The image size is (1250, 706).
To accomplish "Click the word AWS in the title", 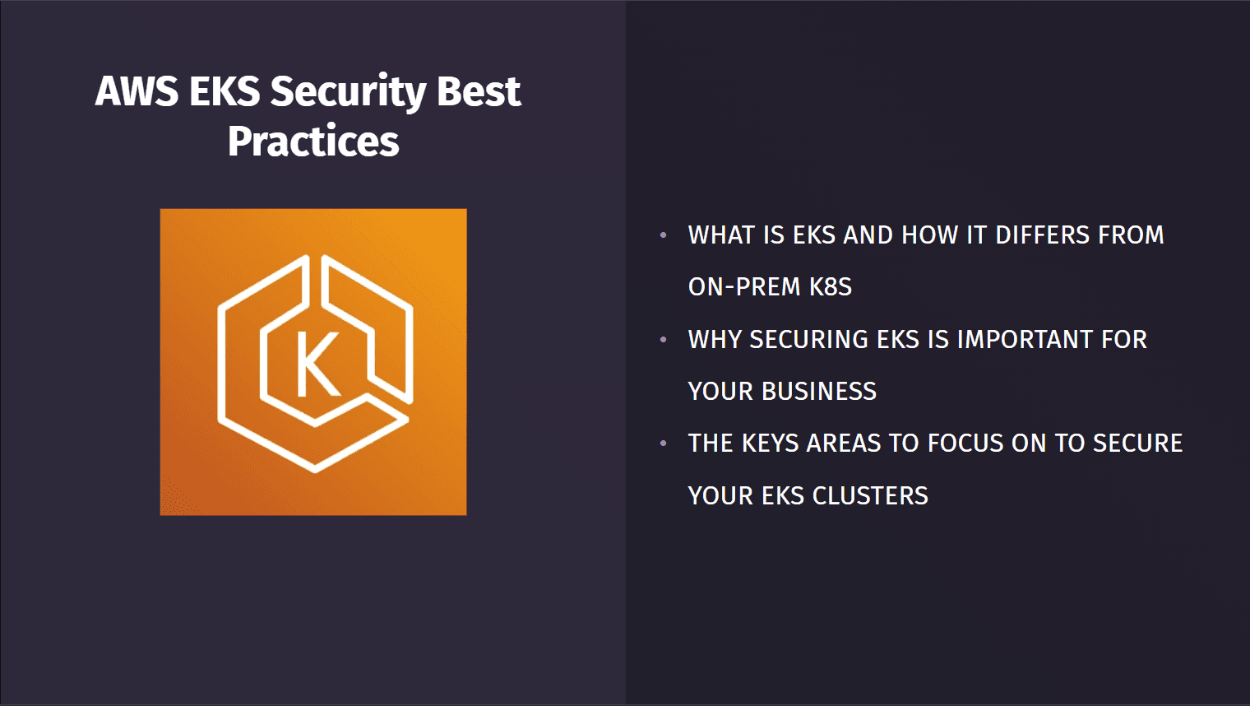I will point(137,91).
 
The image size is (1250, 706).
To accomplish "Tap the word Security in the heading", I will point(348,91).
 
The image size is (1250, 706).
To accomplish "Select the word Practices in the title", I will point(313,142).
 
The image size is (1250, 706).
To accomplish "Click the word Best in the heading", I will point(479,91).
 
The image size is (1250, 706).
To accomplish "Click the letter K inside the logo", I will point(317,365).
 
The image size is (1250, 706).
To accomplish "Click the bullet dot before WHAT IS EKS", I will point(664,235).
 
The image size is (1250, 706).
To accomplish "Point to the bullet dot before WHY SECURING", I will point(664,339).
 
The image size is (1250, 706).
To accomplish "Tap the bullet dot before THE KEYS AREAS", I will point(664,444).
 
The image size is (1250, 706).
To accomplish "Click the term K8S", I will point(831,287).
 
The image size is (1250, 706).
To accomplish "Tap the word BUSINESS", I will point(818,392).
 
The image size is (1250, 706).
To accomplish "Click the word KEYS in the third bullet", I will point(770,444).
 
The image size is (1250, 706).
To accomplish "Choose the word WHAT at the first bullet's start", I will point(721,235).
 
